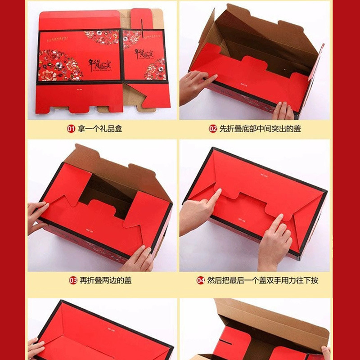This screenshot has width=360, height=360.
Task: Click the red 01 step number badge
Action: click(71, 129)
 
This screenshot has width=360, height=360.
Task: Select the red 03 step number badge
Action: click(73, 280)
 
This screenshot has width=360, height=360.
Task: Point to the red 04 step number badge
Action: click(201, 280)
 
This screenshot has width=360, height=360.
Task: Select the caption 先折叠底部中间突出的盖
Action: click(260, 129)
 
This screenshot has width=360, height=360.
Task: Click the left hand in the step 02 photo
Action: click(194, 85)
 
